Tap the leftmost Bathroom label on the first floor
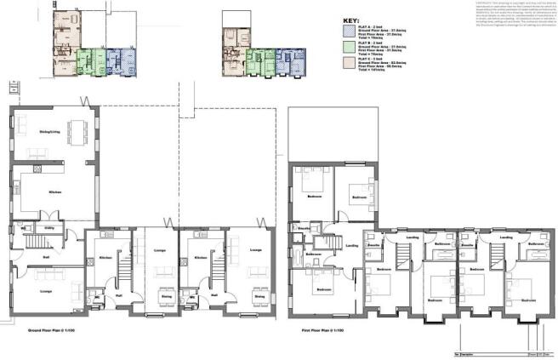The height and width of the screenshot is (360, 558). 314,254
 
